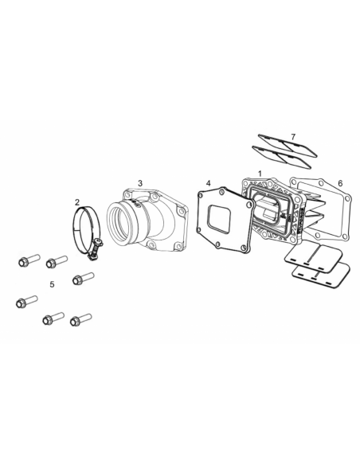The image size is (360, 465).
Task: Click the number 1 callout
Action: click(259, 173)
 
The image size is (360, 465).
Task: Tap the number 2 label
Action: click(76, 202)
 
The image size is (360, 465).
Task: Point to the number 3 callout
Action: click(140, 183)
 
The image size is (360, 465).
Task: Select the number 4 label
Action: click(208, 184)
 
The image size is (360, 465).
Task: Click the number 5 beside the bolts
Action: click(52, 283)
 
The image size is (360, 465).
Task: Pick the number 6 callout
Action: click(340, 184)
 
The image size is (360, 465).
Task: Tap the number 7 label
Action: click(293, 138)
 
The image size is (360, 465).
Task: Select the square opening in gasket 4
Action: click(223, 220)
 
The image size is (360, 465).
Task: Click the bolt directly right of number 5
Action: click(82, 278)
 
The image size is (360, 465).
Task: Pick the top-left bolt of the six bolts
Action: click(26, 260)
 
